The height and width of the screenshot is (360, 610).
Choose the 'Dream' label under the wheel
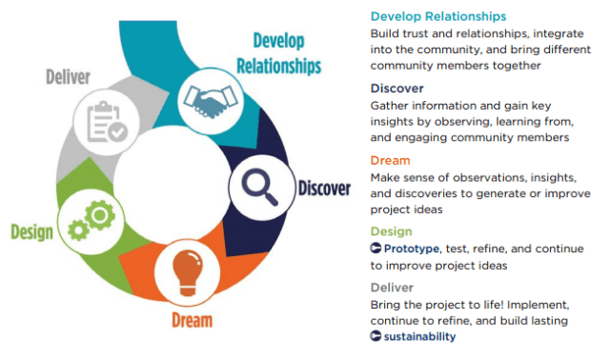pyautogui.click(x=192, y=320)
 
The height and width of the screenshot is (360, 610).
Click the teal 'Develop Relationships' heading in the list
pyautogui.click(x=437, y=17)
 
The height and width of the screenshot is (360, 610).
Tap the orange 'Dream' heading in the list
pyautogui.click(x=391, y=160)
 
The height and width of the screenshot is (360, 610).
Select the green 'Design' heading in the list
pyautogui.click(x=392, y=231)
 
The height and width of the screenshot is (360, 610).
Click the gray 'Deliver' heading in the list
pyautogui.click(x=393, y=286)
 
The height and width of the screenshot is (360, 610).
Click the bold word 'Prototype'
pyautogui.click(x=414, y=249)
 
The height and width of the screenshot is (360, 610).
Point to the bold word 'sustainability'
pyautogui.click(x=419, y=336)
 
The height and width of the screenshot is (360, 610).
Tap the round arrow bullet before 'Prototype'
pyautogui.click(x=376, y=249)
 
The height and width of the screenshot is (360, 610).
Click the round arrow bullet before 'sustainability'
pyautogui.click(x=376, y=336)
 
